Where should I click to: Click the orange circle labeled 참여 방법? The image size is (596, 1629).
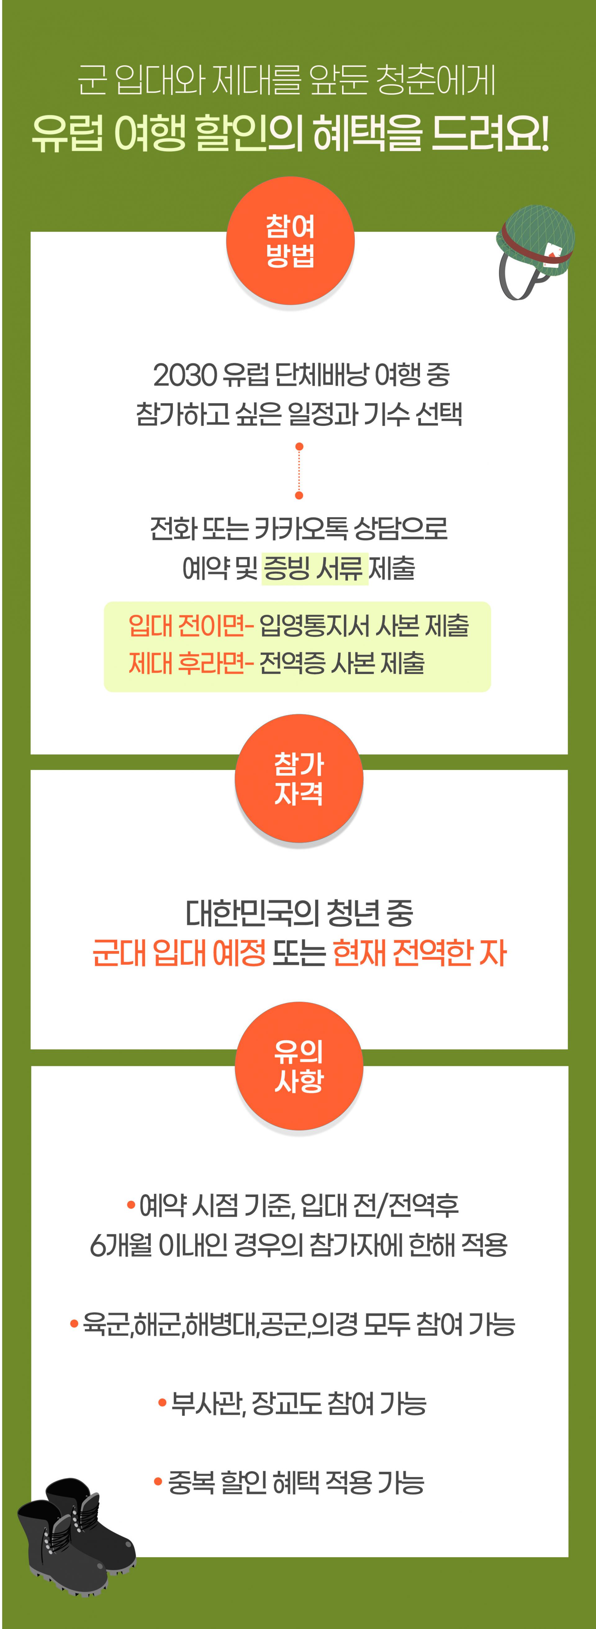pyautogui.click(x=290, y=241)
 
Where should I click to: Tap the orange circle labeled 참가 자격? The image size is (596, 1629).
pyautogui.click(x=299, y=778)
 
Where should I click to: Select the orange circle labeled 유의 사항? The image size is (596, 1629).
pyautogui.click(x=299, y=1066)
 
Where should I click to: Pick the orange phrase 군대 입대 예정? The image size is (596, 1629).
pyautogui.click(x=179, y=952)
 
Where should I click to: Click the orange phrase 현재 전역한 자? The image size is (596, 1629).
pyautogui.click(x=419, y=952)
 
